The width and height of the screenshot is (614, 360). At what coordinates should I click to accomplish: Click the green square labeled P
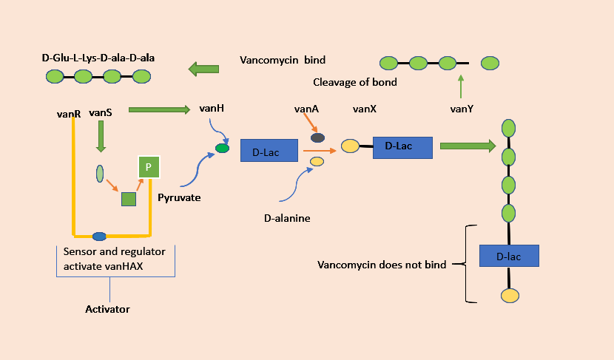point(148,168)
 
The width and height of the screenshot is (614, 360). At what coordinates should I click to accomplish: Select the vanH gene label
point(212,109)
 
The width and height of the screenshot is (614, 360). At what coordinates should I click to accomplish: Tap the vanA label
point(306,109)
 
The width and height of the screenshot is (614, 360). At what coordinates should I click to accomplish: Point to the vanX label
point(365,109)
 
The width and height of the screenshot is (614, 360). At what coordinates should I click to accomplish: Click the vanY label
point(462,109)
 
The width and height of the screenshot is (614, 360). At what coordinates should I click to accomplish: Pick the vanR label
point(68,114)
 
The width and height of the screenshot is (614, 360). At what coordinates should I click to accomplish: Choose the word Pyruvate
point(178,198)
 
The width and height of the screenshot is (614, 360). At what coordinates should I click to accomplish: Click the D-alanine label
point(288,218)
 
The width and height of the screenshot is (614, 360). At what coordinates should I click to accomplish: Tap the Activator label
point(107,309)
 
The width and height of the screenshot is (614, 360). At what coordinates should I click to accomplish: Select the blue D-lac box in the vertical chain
point(509,256)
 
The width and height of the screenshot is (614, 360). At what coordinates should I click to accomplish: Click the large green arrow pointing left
point(204,69)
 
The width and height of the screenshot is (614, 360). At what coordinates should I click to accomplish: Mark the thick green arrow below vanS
point(101,136)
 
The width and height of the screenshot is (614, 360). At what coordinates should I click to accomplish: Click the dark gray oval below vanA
point(317,137)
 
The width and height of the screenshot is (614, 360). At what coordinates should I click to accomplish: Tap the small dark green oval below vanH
point(222,148)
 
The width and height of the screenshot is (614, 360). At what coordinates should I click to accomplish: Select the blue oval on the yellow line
point(99,237)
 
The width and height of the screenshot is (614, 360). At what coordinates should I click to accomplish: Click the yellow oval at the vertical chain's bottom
point(509,296)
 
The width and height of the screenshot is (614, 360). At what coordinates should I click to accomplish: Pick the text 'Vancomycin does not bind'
point(382,265)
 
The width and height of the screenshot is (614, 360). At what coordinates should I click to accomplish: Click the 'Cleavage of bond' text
point(355,82)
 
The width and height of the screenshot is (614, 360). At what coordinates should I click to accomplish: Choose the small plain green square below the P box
point(129,199)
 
